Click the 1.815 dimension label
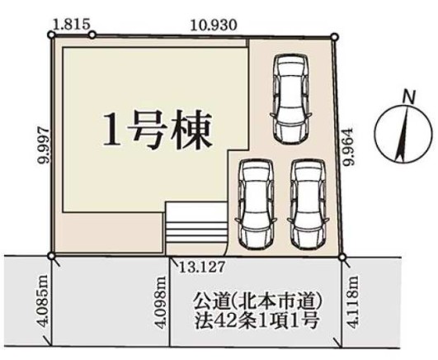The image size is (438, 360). point(72,24)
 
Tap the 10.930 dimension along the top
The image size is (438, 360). point(214,25)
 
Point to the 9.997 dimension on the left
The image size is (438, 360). point(45,144)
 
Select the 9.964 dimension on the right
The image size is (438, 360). point(348,146)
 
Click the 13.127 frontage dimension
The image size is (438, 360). point(201,268)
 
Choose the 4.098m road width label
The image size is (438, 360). point(160,302)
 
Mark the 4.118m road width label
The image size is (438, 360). point(353,301)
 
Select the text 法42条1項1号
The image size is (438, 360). point(257,320)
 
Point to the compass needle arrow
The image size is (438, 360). point(403,133)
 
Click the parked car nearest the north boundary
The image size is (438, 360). point(290,98)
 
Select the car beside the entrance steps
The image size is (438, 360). point(255,203)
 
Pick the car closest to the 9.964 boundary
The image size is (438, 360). point(308,203)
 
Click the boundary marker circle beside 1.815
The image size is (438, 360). point(92,35)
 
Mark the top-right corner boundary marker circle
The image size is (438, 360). point(334,36)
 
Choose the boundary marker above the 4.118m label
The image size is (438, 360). point(342,258)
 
